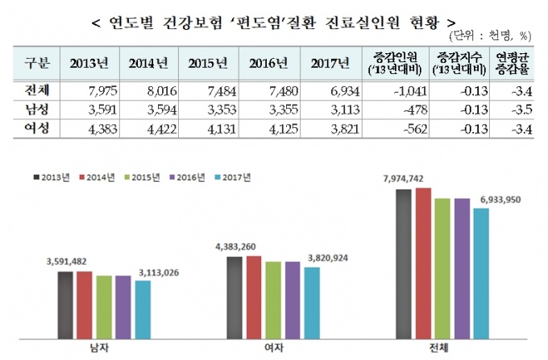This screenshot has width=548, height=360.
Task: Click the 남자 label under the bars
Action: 103,348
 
